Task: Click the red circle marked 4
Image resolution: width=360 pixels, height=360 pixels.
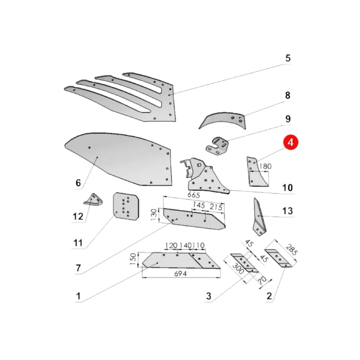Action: (x=290, y=142)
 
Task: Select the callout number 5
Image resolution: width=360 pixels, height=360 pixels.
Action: (x=288, y=58)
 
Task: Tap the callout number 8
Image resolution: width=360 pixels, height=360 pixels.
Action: (x=288, y=95)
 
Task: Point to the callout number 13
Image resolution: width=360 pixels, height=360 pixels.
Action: (x=288, y=211)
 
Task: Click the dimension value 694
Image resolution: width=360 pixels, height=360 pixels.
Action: (x=180, y=274)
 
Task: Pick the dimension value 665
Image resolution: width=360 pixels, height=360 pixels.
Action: (x=194, y=195)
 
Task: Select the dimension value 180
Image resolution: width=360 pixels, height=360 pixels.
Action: (x=265, y=166)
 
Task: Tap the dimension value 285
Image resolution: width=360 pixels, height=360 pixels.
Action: (x=292, y=250)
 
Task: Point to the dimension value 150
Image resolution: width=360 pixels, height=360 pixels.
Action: (x=133, y=259)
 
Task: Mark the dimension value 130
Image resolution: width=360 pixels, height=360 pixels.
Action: (x=154, y=214)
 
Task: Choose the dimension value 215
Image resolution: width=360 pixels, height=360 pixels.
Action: (x=216, y=207)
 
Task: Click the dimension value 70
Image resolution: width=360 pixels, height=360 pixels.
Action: (x=262, y=280)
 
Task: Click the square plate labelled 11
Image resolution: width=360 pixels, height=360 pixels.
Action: (x=126, y=206)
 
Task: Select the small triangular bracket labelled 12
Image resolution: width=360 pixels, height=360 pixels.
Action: (x=93, y=199)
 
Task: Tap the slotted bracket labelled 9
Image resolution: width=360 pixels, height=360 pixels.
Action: (x=217, y=146)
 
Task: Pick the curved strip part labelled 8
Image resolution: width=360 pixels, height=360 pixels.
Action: (x=223, y=120)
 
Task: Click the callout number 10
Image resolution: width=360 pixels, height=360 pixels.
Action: (x=288, y=188)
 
